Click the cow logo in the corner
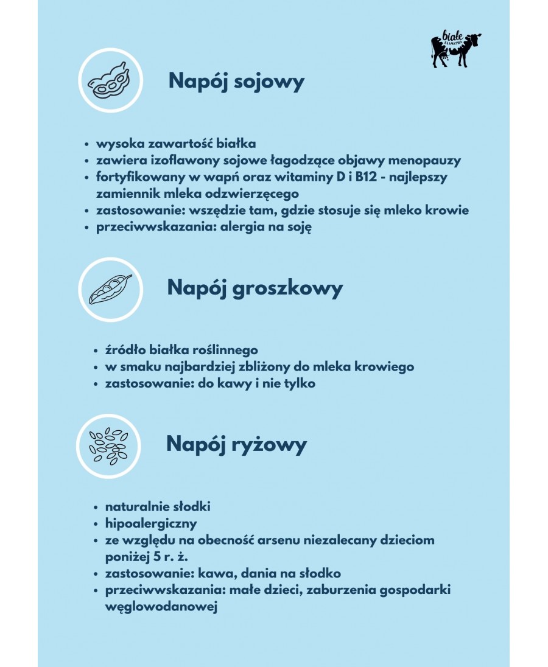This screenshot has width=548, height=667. pos(455,49)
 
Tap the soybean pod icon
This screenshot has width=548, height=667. pos(110,82)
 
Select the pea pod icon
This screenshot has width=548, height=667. pos(110,289)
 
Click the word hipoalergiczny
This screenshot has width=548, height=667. pos(151,523)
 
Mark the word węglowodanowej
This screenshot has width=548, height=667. pos(161,607)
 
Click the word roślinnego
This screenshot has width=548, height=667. pos(222,350)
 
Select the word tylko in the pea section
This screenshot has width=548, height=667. pos(298,384)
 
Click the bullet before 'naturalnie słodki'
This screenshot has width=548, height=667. pos(96,507)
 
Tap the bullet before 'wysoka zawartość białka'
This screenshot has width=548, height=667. pos(88,144)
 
